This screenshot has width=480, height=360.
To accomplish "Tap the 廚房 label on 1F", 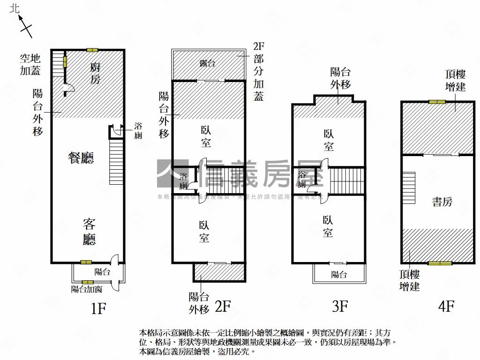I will pyautogui.click(x=95, y=74).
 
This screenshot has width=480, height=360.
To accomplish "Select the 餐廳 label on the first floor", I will pyautogui.click(x=81, y=158).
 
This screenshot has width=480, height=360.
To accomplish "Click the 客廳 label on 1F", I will pyautogui.click(x=89, y=232).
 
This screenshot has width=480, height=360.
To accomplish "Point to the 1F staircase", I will pyautogui.click(x=116, y=162).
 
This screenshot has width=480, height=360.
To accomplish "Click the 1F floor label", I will pyautogui.click(x=98, y=308).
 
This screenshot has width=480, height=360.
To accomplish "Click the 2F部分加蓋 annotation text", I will pyautogui.click(x=258, y=71).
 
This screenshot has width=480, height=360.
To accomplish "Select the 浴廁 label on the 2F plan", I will pyautogui.click(x=183, y=181).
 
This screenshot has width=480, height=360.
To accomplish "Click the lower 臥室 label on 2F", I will pyautogui.click(x=204, y=232).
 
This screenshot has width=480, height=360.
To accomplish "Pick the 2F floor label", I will pyautogui.click(x=223, y=307).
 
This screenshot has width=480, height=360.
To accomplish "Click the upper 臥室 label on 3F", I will pyautogui.click(x=329, y=140).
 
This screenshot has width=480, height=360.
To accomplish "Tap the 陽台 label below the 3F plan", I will pyautogui.click(x=338, y=275).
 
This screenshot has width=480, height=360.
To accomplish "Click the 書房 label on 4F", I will pyautogui.click(x=442, y=202).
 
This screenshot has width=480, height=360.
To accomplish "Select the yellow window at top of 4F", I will pyautogui.click(x=437, y=102).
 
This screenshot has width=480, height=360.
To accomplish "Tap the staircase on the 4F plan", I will pyautogui.click(x=409, y=187).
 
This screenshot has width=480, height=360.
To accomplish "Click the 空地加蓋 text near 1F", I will pyautogui.click(x=30, y=65).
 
